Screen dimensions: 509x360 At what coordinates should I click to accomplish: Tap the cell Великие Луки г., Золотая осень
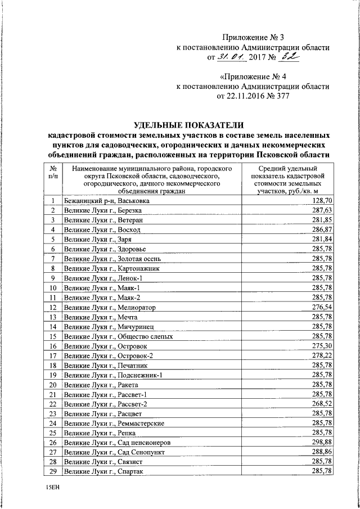[113, 259]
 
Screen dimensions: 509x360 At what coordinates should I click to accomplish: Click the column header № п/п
[52, 172]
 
